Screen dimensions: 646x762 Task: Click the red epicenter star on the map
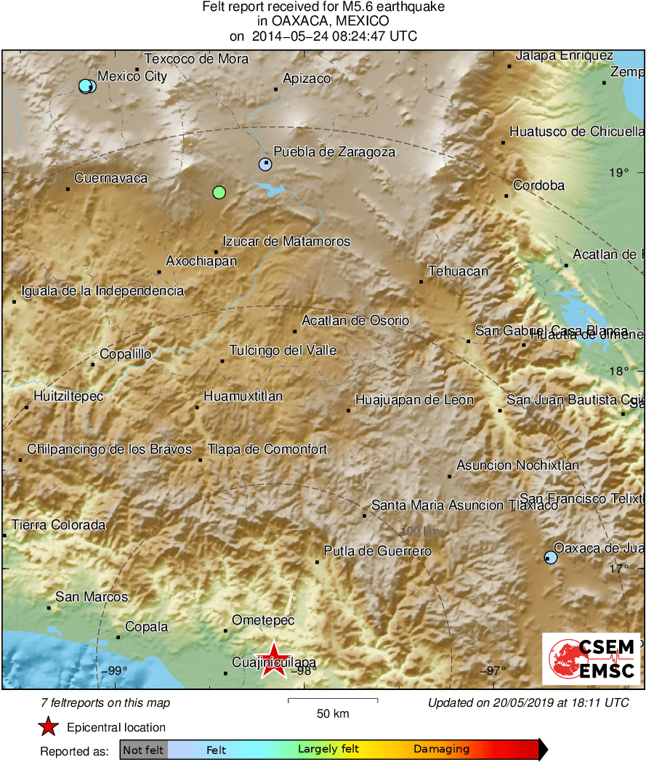[x=274, y=659]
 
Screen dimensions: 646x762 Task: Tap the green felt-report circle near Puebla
[x=219, y=193]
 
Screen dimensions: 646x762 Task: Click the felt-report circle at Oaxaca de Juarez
[x=551, y=558]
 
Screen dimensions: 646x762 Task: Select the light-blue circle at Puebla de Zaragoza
[x=265, y=164]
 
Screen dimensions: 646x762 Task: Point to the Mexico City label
[x=132, y=76]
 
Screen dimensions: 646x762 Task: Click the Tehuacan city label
[x=458, y=271]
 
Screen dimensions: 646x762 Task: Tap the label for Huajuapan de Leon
[x=414, y=400]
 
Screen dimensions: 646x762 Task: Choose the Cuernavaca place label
[x=111, y=178]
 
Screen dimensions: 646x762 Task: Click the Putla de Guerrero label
[x=378, y=551]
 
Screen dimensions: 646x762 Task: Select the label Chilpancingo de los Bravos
[x=110, y=449]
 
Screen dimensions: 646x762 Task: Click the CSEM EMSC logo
[x=591, y=659]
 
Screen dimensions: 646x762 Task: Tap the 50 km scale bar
[x=333, y=701]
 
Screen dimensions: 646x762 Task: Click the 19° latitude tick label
[x=619, y=173]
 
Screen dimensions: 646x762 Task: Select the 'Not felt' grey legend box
[x=143, y=750]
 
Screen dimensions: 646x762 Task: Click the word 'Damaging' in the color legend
[x=442, y=750]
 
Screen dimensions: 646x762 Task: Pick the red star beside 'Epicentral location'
[x=48, y=727]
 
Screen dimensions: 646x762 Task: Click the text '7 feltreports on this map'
[x=106, y=702]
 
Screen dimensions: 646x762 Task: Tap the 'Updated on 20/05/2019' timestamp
[x=528, y=702]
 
